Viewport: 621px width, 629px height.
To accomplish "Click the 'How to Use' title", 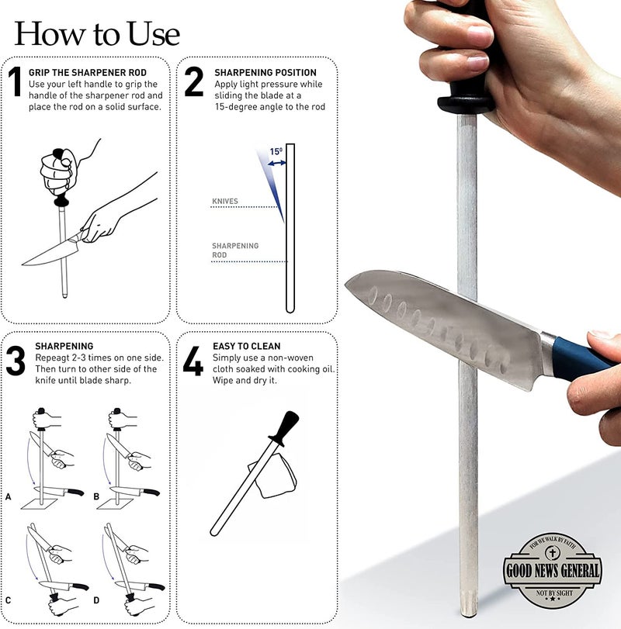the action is coord(97,33).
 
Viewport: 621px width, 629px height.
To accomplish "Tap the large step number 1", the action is coord(15,81).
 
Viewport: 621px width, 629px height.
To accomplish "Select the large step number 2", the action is coord(193,81).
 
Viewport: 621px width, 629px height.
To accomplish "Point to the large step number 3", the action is coord(16,361).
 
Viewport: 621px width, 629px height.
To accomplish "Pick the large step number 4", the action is coord(193,361).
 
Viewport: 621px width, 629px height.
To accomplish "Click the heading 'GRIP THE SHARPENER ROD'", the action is coord(88,73).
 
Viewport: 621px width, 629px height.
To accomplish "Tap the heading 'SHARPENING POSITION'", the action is coord(265,73).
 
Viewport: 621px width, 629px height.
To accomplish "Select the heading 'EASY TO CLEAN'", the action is coord(247,346).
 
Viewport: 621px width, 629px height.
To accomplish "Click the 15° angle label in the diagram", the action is coord(276,152).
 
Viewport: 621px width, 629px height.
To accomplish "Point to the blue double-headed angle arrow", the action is coord(277,163).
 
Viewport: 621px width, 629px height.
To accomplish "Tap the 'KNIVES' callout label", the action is coord(225,201).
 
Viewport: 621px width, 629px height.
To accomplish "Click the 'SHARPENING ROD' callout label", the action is coord(235,251).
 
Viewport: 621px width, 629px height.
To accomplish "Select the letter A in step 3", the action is coord(9,496).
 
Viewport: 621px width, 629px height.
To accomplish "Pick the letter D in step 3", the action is coord(96,600).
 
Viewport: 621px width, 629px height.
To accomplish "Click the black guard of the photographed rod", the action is coord(466,103).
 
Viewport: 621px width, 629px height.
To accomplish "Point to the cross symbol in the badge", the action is coord(553,553).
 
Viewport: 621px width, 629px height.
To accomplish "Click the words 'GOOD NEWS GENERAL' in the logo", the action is coord(553,570).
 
